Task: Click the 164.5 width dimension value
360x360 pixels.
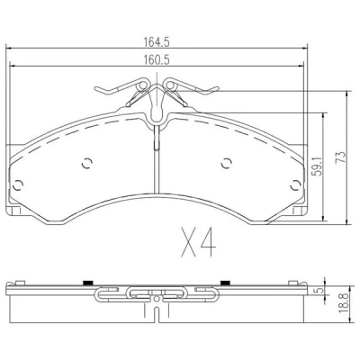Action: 156,42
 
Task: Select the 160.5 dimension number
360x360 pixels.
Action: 156,59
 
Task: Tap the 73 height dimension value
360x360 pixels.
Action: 341,157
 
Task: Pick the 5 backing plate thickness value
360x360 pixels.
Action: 319,291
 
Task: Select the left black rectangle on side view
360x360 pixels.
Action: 87,283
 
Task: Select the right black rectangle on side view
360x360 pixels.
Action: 225,283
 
